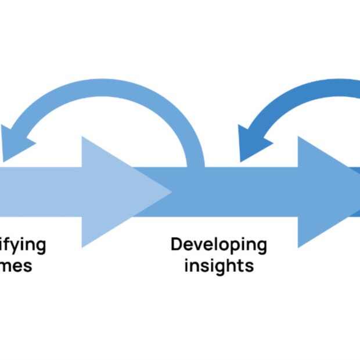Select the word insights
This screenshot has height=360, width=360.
219,266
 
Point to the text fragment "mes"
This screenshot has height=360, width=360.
16,266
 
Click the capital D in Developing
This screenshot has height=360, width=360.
176,244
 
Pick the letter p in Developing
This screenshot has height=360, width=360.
232,247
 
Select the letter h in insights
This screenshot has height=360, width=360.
236,265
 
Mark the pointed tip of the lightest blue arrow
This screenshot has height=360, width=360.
172,191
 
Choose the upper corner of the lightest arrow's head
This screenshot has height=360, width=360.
82,137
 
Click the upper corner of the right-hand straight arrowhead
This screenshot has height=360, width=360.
298,137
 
